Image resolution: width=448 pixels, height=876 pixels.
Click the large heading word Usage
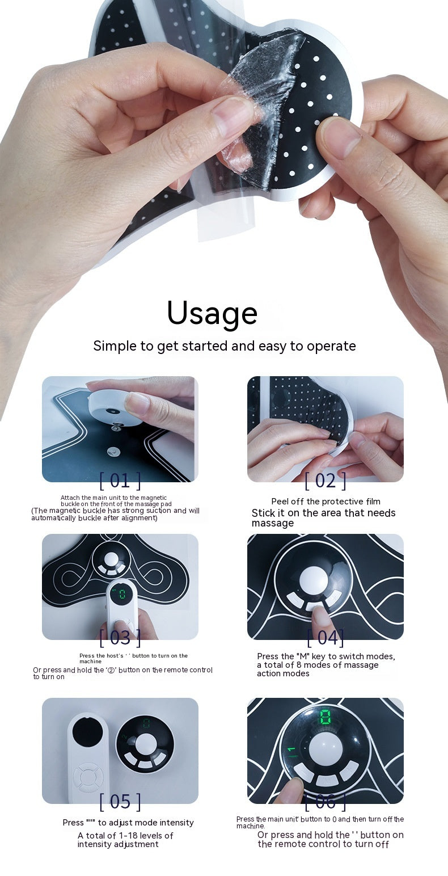pyautogui.click(x=212, y=313)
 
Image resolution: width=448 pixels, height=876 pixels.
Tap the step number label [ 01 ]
pyautogui.click(x=120, y=481)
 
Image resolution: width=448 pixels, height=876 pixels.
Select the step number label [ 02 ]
pyautogui.click(x=325, y=481)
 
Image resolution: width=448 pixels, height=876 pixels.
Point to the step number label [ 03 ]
pyautogui.click(x=120, y=637)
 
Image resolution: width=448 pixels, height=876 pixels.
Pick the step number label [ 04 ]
pyautogui.click(x=325, y=637)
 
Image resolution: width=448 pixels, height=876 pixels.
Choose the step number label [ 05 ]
pyautogui.click(x=120, y=801)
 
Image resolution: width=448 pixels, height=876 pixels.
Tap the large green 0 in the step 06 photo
pyautogui.click(x=326, y=716)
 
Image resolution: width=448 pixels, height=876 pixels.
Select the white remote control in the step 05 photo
pyautogui.click(x=88, y=757)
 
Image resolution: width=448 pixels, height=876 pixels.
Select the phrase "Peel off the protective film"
pyautogui.click(x=326, y=502)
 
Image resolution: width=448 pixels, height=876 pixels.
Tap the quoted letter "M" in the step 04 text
pyautogui.click(x=303, y=656)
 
